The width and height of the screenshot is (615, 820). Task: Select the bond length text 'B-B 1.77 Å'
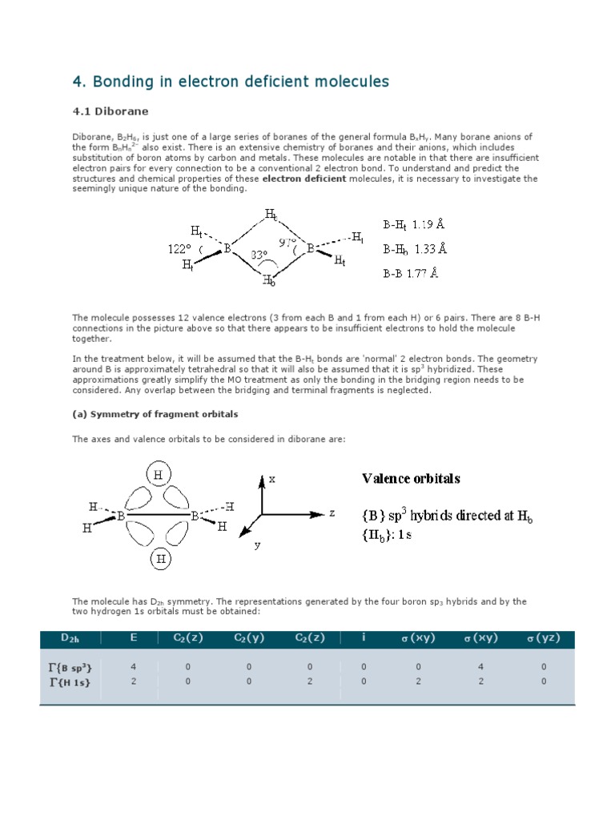click(x=410, y=272)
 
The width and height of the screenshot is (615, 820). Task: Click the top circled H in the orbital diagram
click(x=158, y=475)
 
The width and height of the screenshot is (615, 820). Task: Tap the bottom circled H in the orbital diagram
click(x=160, y=559)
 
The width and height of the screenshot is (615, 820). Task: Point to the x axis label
click(x=271, y=479)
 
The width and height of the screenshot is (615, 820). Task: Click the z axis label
click(x=332, y=513)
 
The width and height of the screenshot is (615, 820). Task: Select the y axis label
click(x=258, y=544)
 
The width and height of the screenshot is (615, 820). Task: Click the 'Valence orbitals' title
click(x=411, y=478)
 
